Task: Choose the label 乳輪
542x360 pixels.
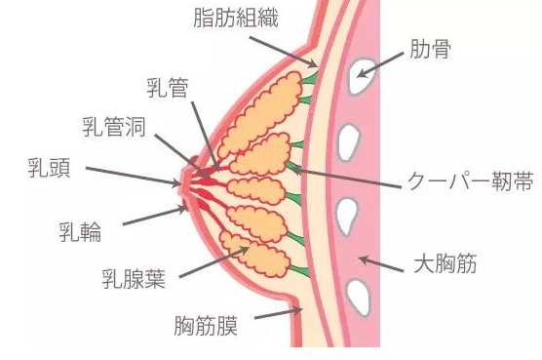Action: click(79, 233)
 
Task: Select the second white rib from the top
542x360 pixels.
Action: click(348, 142)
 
